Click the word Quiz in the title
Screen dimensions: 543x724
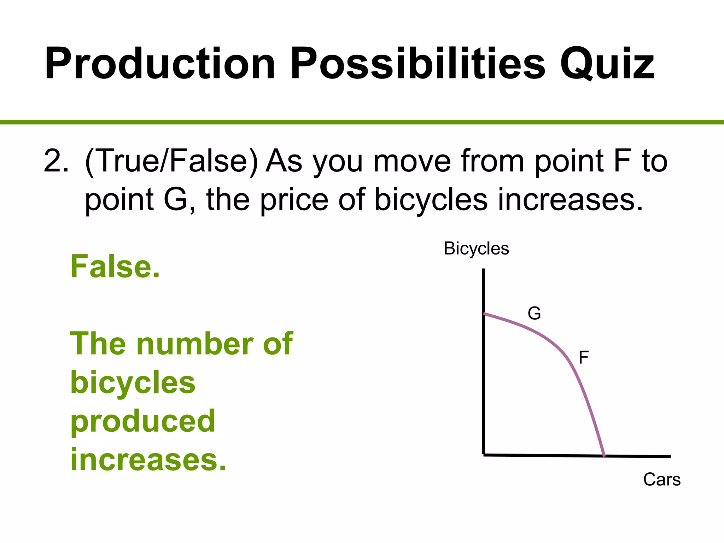pyautogui.click(x=607, y=64)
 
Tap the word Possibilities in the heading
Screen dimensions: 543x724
pyautogui.click(x=418, y=64)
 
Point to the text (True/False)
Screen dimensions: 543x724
pyautogui.click(x=171, y=161)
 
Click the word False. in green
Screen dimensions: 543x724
pyautogui.click(x=115, y=267)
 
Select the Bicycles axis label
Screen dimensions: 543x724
pyautogui.click(x=476, y=249)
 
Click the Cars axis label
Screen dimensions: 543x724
pyautogui.click(x=662, y=480)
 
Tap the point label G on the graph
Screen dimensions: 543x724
pyautogui.click(x=534, y=314)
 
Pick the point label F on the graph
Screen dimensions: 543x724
pyautogui.click(x=583, y=357)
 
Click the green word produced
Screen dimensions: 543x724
pyautogui.click(x=143, y=421)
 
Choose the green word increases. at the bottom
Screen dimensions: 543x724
pyautogui.click(x=148, y=460)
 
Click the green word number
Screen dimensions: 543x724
pyautogui.click(x=195, y=344)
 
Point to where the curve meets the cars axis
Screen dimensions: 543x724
pyautogui.click(x=604, y=456)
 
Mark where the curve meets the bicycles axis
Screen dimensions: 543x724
pyautogui.click(x=484, y=314)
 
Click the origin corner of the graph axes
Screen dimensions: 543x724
pyautogui.click(x=484, y=455)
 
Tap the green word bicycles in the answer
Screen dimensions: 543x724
pyautogui.click(x=133, y=383)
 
